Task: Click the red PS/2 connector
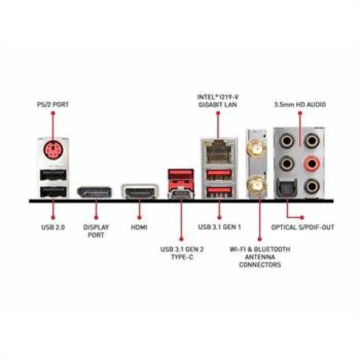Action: pyautogui.click(x=53, y=150)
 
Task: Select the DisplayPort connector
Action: pyautogui.click(x=94, y=192)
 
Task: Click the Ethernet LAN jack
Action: pyautogui.click(x=219, y=152)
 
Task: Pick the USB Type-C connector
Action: pyautogui.click(x=181, y=194)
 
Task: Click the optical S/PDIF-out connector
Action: pyautogui.click(x=287, y=188)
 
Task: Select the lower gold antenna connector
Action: pyautogui.click(x=256, y=184)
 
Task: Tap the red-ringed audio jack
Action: pyautogui.click(x=312, y=164)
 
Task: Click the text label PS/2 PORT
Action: pyautogui.click(x=53, y=104)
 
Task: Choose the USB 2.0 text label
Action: pyautogui.click(x=53, y=227)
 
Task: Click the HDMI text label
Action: pyautogui.click(x=139, y=227)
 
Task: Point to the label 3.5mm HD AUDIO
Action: pyautogui.click(x=300, y=104)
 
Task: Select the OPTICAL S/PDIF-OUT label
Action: pyautogui.click(x=302, y=227)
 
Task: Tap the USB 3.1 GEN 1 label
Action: pyautogui.click(x=220, y=227)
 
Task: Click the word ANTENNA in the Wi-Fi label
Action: pyautogui.click(x=260, y=257)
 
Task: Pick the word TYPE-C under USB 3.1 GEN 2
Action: pyautogui.click(x=182, y=257)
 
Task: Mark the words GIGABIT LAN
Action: pyautogui.click(x=218, y=105)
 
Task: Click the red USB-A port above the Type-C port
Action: pyautogui.click(x=181, y=175)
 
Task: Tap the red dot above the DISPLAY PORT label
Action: pyautogui.click(x=96, y=218)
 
